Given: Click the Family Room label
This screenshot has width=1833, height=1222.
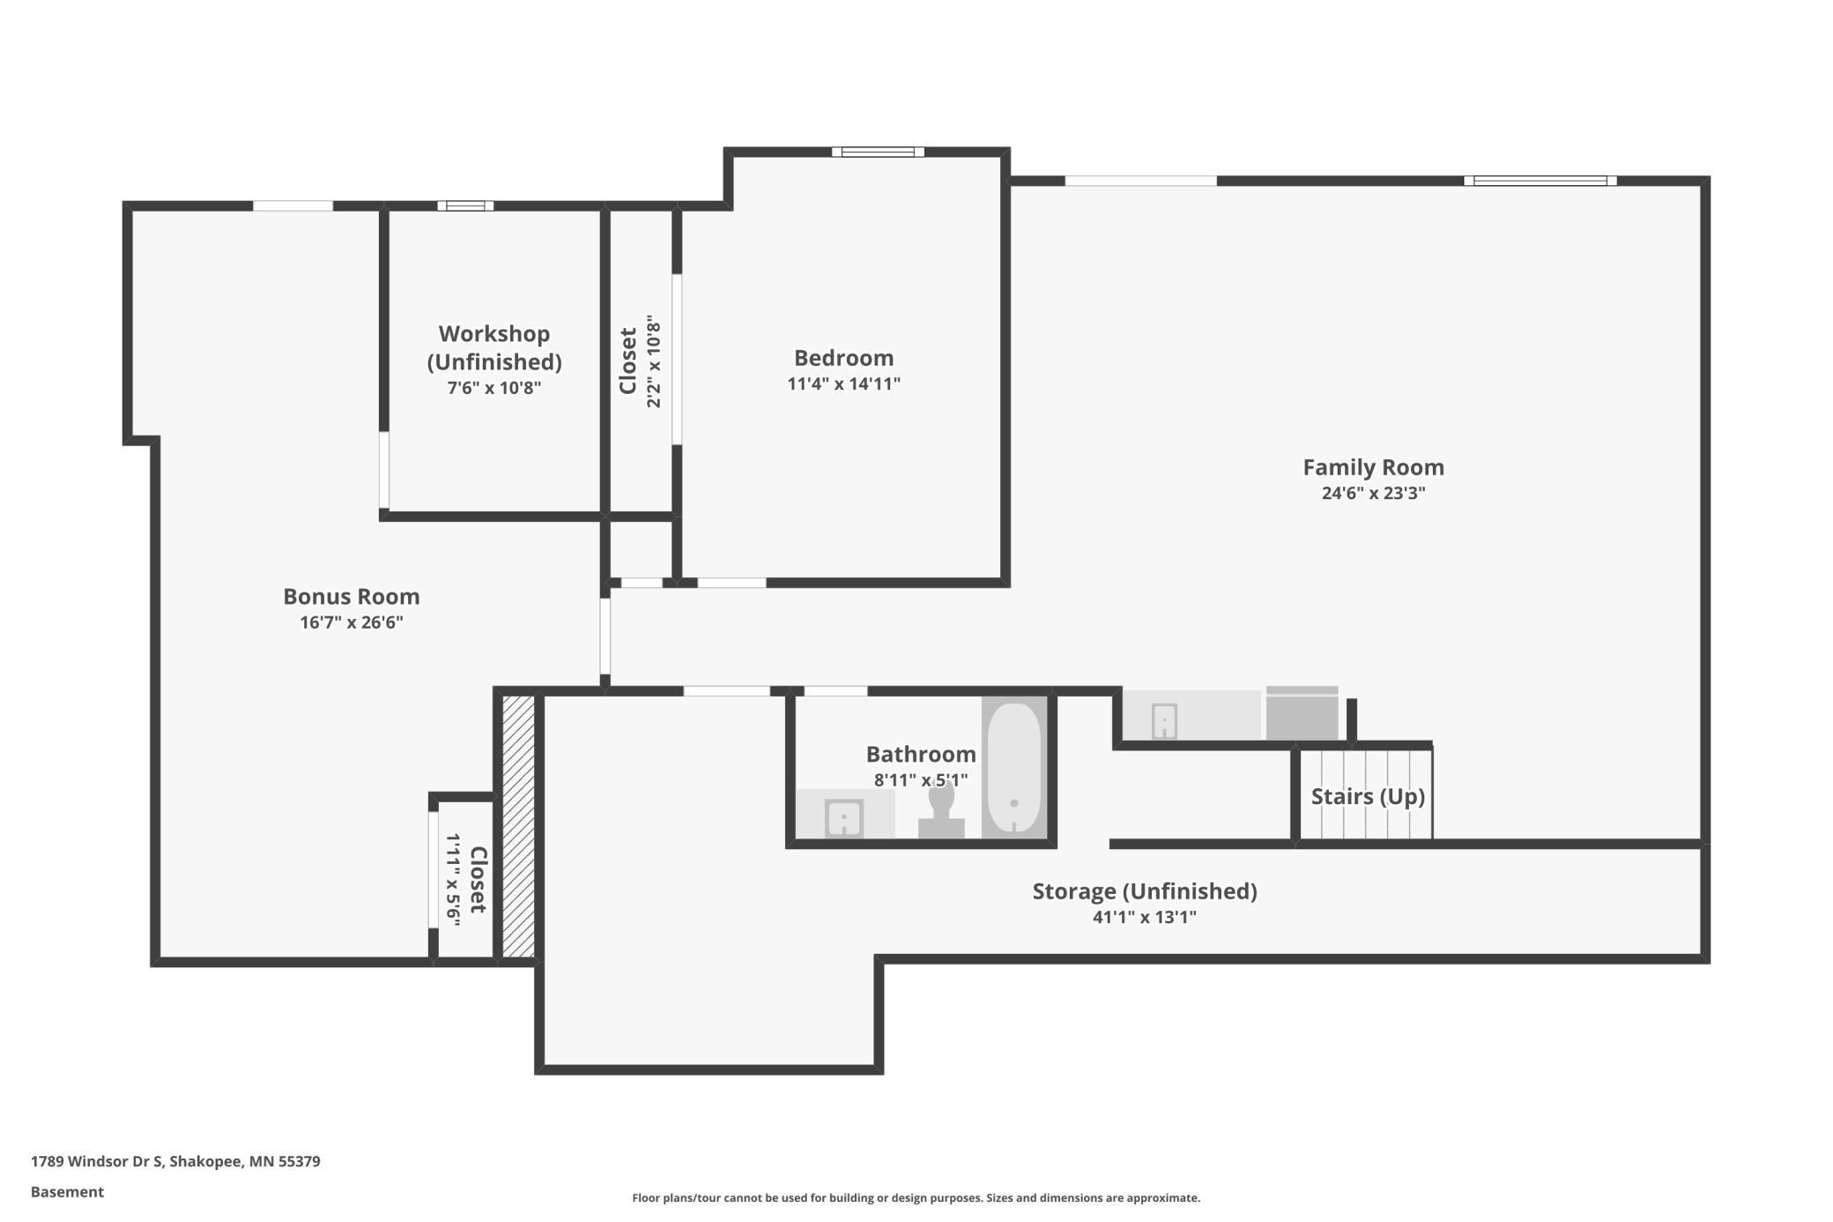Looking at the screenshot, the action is tap(1373, 467).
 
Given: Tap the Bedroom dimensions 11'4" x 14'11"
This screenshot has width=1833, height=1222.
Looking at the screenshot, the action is tap(843, 384).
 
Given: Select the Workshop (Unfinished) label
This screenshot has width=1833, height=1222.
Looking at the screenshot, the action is tap(494, 348).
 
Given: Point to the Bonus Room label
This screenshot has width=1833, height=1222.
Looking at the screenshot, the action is tap(351, 597).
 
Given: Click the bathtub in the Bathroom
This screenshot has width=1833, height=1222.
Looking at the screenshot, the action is tap(1014, 767).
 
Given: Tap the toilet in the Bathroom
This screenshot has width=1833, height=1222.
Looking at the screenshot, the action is tap(941, 811).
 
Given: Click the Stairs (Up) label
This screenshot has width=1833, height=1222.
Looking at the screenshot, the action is tap(1368, 797).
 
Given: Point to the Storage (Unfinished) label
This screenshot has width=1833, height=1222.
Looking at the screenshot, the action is tap(1145, 891).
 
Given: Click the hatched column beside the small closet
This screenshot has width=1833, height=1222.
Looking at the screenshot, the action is tap(518, 826).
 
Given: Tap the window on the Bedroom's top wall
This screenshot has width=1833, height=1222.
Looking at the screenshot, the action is tap(878, 152).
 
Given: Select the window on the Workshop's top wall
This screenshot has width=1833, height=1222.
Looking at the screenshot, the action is tap(465, 205).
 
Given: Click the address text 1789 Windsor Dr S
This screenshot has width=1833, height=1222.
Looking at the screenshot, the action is tap(97, 1161).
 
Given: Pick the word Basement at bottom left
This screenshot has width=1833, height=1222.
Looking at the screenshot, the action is tap(67, 1192).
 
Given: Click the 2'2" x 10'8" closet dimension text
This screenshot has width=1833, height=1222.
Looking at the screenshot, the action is tap(654, 361).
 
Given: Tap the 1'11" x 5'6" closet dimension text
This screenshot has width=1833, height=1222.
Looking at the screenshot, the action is tap(454, 878).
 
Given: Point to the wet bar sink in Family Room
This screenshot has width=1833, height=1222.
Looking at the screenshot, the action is tap(1164, 721).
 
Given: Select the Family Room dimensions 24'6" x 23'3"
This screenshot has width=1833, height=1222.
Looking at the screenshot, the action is tap(1373, 493).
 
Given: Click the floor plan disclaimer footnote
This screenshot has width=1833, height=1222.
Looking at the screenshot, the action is tap(916, 1197).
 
